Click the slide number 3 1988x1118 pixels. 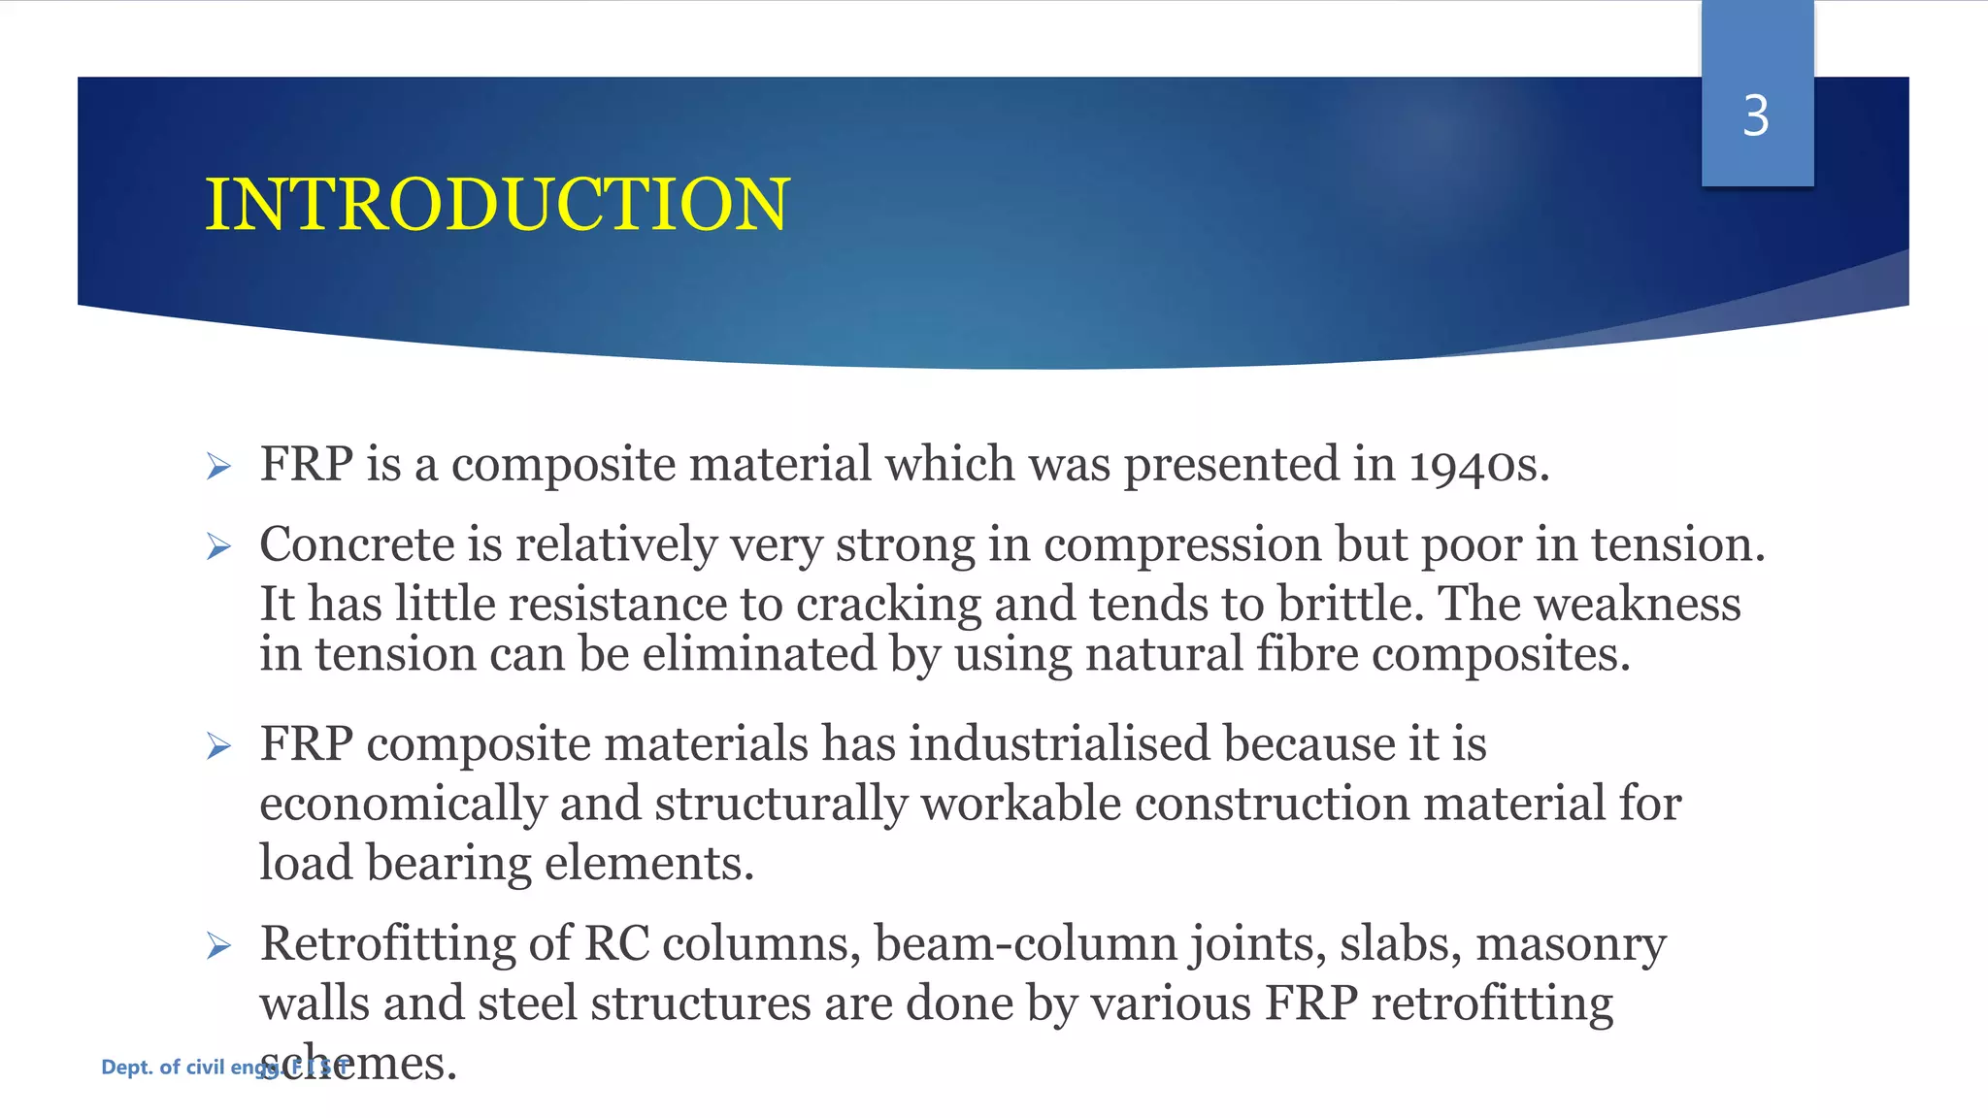coord(1755,116)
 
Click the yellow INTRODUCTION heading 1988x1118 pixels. coord(497,205)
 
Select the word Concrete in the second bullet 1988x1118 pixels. coord(357,544)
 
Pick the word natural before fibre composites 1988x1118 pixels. coord(1164,654)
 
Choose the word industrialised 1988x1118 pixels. coord(1059,744)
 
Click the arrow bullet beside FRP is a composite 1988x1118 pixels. coord(218,467)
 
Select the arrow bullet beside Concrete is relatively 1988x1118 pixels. coord(218,547)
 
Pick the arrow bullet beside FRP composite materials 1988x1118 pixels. coord(218,746)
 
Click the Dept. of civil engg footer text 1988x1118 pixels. coord(184,1068)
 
